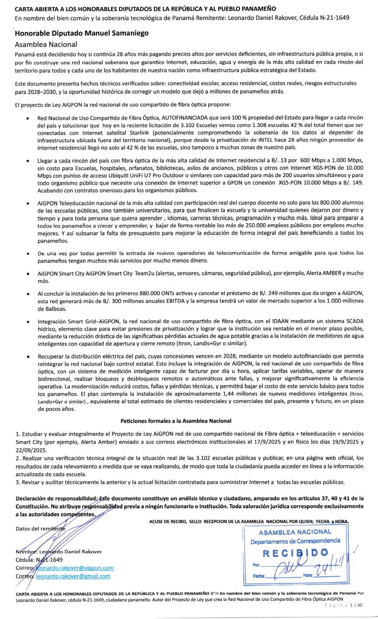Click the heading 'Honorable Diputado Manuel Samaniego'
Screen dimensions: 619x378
click(x=81, y=33)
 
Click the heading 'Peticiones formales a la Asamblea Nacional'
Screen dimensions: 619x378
click(x=176, y=421)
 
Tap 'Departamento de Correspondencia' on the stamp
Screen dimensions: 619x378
click(x=295, y=541)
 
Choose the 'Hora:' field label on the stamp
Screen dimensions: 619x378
click(x=309, y=575)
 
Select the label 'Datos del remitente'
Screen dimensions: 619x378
click(x=40, y=528)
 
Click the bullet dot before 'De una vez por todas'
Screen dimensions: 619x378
click(x=28, y=253)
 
